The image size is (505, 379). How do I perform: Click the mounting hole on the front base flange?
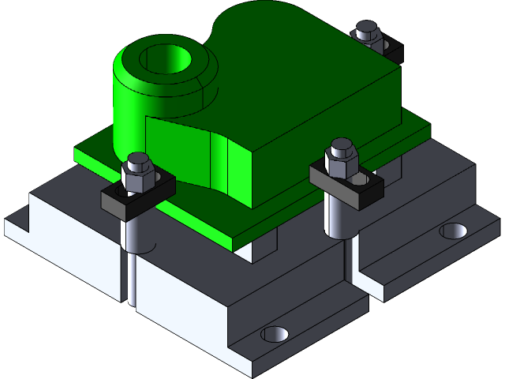point(275,333)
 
